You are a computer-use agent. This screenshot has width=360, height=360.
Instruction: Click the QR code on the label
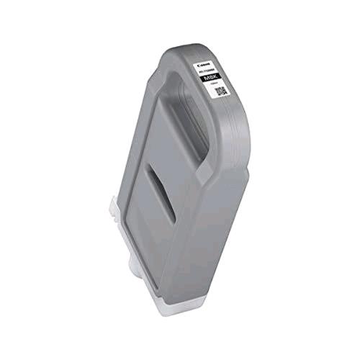pos(223,92)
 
